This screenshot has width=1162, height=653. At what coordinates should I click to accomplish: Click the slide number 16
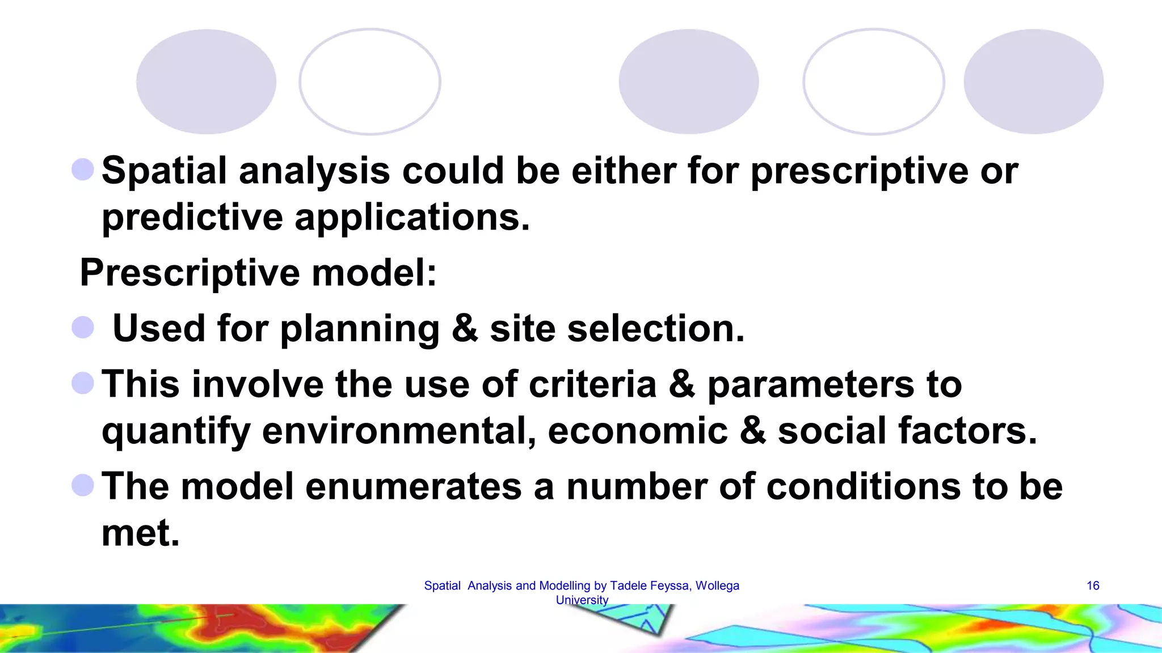click(1093, 586)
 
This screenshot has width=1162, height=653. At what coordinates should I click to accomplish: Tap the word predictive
click(192, 218)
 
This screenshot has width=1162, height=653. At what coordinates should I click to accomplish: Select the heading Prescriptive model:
click(258, 273)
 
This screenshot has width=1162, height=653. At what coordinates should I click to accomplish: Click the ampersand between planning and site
click(464, 328)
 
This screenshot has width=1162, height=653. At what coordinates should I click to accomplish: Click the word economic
click(637, 431)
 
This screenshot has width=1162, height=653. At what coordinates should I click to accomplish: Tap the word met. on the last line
click(140, 533)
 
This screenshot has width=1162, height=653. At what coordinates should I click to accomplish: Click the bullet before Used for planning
click(83, 328)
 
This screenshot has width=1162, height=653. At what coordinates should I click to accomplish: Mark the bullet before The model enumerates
click(83, 485)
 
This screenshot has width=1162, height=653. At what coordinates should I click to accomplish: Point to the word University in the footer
click(582, 600)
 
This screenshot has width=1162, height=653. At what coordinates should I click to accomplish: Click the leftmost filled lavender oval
click(206, 82)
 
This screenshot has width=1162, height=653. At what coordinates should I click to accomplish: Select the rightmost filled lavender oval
click(1033, 82)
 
